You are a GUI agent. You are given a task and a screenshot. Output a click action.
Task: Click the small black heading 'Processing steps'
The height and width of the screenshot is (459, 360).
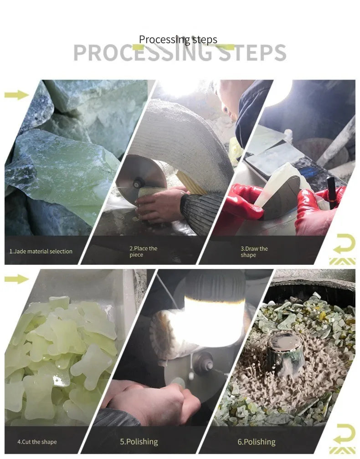pyautogui.click(x=178, y=40)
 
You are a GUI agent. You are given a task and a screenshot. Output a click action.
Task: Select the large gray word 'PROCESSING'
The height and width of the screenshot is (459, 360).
pyautogui.click(x=143, y=53)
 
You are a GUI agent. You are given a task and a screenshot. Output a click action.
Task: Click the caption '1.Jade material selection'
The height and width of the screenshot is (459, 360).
pyautogui.click(x=41, y=251)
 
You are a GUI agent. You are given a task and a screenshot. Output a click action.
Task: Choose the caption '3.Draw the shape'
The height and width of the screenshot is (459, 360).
pyautogui.click(x=254, y=252)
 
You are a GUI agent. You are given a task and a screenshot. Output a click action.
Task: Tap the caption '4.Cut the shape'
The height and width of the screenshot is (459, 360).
pyautogui.click(x=37, y=442)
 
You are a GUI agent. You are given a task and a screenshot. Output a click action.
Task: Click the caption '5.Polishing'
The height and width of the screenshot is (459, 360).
pyautogui.click(x=139, y=441)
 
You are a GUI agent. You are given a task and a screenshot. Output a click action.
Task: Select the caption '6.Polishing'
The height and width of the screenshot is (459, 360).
pyautogui.click(x=257, y=442)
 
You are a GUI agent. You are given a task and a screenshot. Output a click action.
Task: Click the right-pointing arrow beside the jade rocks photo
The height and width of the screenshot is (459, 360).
pyautogui.click(x=17, y=95)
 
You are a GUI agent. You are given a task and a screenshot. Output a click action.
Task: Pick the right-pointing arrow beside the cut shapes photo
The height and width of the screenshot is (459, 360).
pyautogui.click(x=17, y=279)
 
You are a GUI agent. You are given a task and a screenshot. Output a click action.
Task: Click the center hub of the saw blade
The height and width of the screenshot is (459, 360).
pyautogui.click(x=136, y=184)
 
